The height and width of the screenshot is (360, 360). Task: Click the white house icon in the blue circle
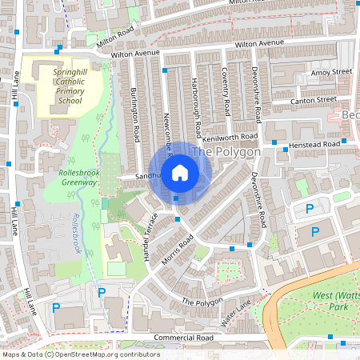click(180, 172)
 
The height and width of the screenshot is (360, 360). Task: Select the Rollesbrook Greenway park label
click(78, 177)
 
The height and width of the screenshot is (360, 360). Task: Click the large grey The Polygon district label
click(227, 152)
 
